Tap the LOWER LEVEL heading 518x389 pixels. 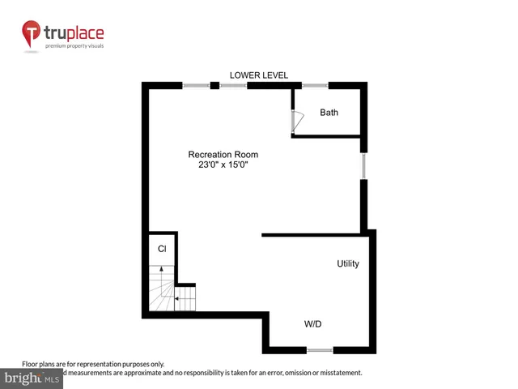point(259,75)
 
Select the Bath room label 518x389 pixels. point(329,113)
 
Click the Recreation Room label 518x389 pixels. point(223,154)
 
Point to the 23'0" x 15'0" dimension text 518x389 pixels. point(223,165)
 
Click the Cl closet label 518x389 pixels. point(162,249)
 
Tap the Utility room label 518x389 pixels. point(348,264)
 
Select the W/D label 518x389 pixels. point(314,324)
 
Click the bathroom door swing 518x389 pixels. point(297,122)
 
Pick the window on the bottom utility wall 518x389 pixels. point(320,350)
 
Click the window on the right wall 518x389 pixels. point(364,166)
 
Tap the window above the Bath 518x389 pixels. point(315,85)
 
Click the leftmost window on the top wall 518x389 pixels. point(196,85)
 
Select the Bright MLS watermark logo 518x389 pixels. point(32,378)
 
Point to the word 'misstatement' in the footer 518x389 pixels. point(336,373)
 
